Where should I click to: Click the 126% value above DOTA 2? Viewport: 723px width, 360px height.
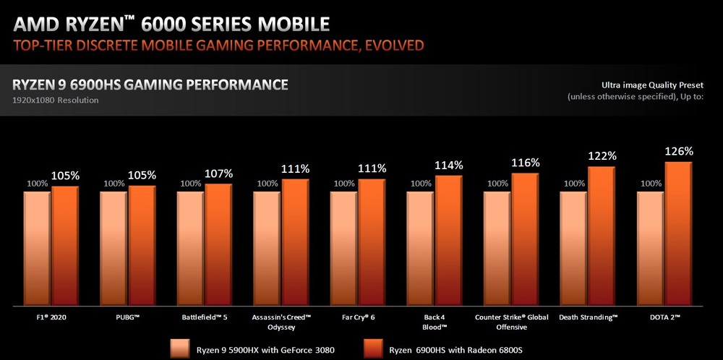tap(679, 151)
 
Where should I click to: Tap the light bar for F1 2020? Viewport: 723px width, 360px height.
tap(36, 246)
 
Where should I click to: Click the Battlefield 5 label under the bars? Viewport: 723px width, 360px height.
tap(205, 317)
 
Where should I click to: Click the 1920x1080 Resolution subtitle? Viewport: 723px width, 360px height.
tap(55, 100)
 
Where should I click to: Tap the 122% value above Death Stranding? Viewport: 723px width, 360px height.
tap(602, 155)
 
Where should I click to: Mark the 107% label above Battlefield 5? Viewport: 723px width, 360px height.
tap(218, 173)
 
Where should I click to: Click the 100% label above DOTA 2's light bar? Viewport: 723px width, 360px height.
tap(651, 184)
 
